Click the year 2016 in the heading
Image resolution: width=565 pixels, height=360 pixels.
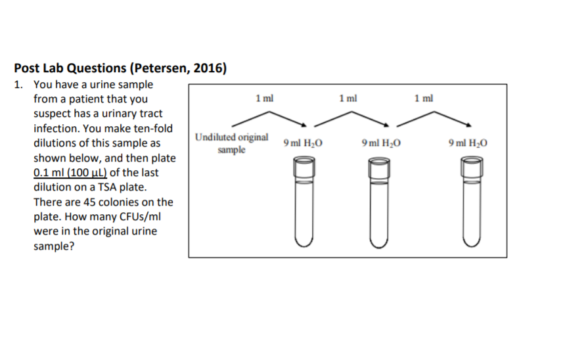point(212,68)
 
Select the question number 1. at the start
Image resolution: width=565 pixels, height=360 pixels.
point(19,85)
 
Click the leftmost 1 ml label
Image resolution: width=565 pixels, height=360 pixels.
point(265,99)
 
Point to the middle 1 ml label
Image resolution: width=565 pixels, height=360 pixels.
point(349,99)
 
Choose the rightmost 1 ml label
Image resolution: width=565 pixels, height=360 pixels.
point(424,99)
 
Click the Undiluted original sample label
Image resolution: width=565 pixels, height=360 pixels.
point(232,143)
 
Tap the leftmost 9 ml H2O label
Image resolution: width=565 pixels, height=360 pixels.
point(303,143)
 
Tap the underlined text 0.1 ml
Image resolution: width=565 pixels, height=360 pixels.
point(47,173)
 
